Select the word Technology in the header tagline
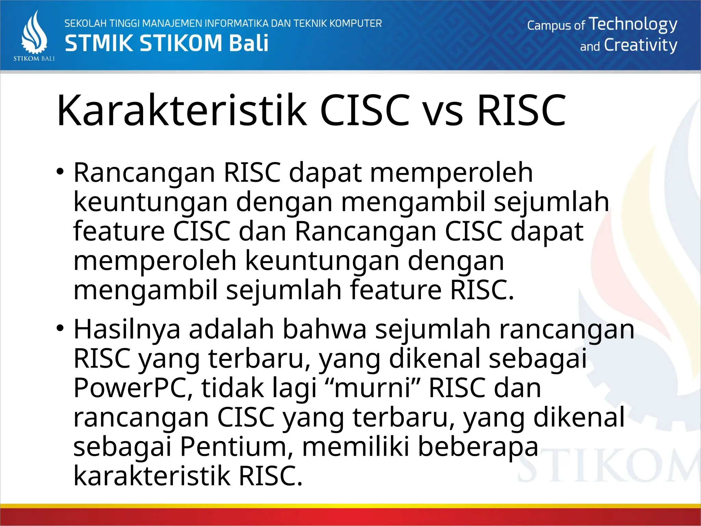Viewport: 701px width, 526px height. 633,25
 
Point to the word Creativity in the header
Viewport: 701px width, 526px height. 640,45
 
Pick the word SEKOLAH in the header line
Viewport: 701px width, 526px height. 85,24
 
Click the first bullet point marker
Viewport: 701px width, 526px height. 61,171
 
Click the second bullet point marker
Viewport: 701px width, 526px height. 61,328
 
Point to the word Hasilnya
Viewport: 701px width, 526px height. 127,329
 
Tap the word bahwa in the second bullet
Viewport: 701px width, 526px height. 324,329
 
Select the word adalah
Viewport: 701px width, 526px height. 231,329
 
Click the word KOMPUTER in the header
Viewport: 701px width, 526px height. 356,24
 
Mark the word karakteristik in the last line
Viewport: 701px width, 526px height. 152,476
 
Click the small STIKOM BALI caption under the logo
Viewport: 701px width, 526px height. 34,59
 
